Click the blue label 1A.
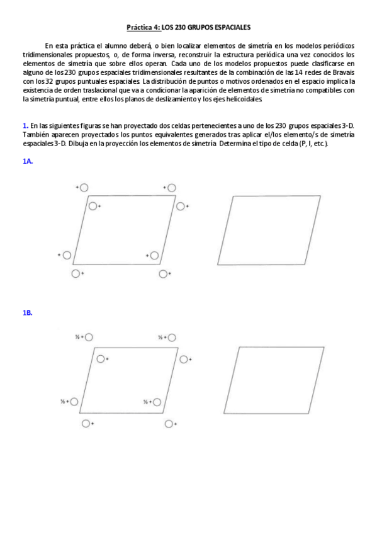[27, 161]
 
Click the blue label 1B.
[27, 313]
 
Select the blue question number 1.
[25, 126]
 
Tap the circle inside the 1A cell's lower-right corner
[154, 255]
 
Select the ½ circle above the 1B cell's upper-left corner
[89, 337]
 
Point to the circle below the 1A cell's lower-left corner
[76, 273]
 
